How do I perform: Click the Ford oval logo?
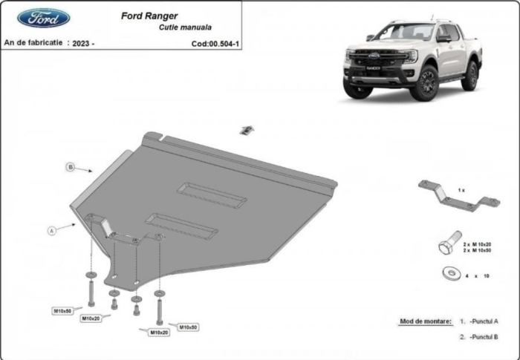coord(44,18)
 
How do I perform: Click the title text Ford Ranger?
coord(149,15)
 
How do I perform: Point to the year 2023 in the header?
coord(80,44)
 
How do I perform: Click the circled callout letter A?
coord(53,231)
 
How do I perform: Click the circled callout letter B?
coord(71,167)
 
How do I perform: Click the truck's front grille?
coord(369,62)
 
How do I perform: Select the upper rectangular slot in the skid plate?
coord(212,194)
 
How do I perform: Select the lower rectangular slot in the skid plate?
coord(181,226)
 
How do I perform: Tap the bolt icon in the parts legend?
coord(449,243)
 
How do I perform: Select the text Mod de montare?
coord(425,321)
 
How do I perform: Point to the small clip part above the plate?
coord(244,130)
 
